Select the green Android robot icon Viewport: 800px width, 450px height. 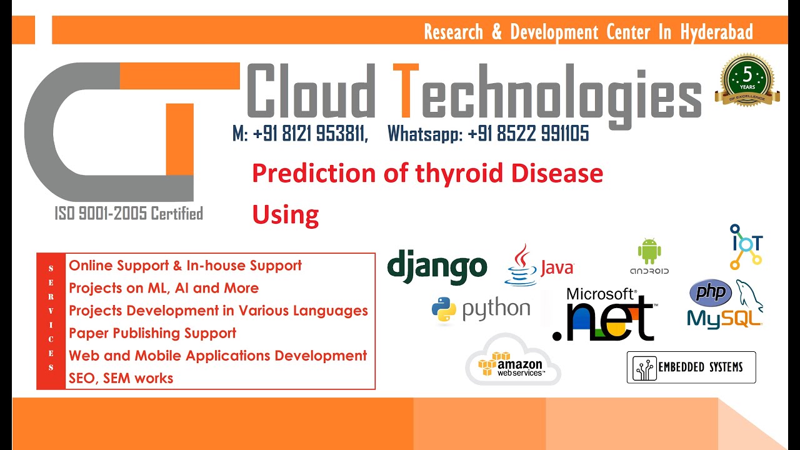[x=649, y=251]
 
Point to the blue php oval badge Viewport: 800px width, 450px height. [x=710, y=292]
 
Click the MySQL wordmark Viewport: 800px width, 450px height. [x=724, y=318]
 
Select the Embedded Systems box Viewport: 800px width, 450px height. [x=691, y=367]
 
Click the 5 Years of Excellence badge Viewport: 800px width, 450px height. [x=747, y=79]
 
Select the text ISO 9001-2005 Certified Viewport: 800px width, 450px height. [x=128, y=214]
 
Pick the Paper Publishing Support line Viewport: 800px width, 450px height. [x=152, y=333]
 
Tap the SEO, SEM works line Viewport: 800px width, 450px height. [x=121, y=378]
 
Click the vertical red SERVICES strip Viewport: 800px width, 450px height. [x=51, y=321]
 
